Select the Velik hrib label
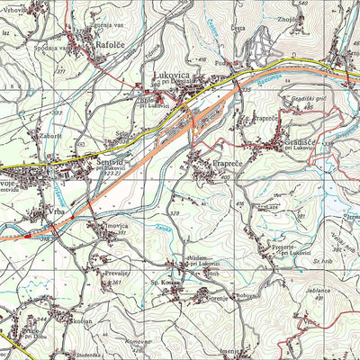coord(337,240)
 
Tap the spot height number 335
coord(247,90)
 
